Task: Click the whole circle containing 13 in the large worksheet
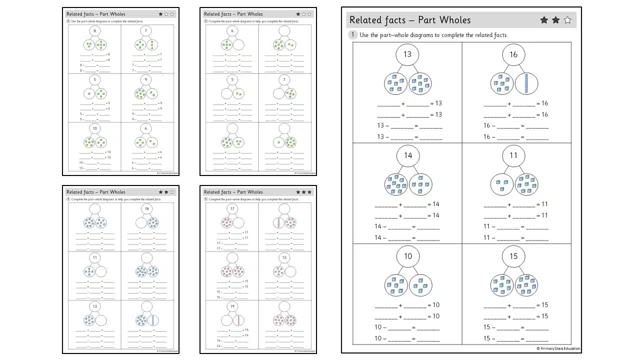point(407,54)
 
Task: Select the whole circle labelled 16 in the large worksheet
point(513,54)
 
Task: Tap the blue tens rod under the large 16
point(526,83)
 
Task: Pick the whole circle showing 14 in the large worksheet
point(407,155)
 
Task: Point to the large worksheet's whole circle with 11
point(513,155)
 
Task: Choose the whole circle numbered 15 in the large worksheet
point(513,256)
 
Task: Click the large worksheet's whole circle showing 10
point(407,256)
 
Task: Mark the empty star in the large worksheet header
point(567,20)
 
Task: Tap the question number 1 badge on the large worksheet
point(353,35)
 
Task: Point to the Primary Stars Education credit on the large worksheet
point(558,348)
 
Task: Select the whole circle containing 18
point(146,208)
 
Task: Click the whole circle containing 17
point(232,208)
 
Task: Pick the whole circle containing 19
point(232,306)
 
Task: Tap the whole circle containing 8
point(95,31)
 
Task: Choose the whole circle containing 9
point(146,79)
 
